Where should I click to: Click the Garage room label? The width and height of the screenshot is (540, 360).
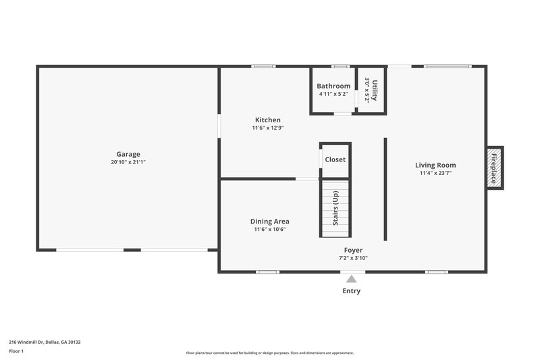pos(128,154)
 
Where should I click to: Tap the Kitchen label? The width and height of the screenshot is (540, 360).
pos(268,120)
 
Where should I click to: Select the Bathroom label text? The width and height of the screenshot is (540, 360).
pos(333,86)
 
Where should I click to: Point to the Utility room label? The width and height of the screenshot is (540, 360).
pos(375,90)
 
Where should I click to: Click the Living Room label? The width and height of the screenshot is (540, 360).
pos(435,165)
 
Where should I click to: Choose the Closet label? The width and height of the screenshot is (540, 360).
pos(335,159)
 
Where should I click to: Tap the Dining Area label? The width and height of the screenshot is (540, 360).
pos(269,221)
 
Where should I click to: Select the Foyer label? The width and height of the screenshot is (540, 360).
pos(353,250)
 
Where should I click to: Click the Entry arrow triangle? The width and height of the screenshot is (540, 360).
pos(351,278)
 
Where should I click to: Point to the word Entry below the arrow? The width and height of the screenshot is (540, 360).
pos(351,291)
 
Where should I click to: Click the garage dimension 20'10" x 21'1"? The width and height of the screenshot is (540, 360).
pos(128,162)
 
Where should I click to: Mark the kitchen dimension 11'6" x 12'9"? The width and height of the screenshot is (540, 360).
pos(268,128)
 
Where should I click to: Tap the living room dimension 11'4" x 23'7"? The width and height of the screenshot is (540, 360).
pos(435,173)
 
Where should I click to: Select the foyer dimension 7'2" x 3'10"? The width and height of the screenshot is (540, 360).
pos(353,257)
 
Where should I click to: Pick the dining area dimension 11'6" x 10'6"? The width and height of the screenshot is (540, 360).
pos(269,229)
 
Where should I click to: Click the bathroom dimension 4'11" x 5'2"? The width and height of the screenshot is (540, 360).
pos(333,94)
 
